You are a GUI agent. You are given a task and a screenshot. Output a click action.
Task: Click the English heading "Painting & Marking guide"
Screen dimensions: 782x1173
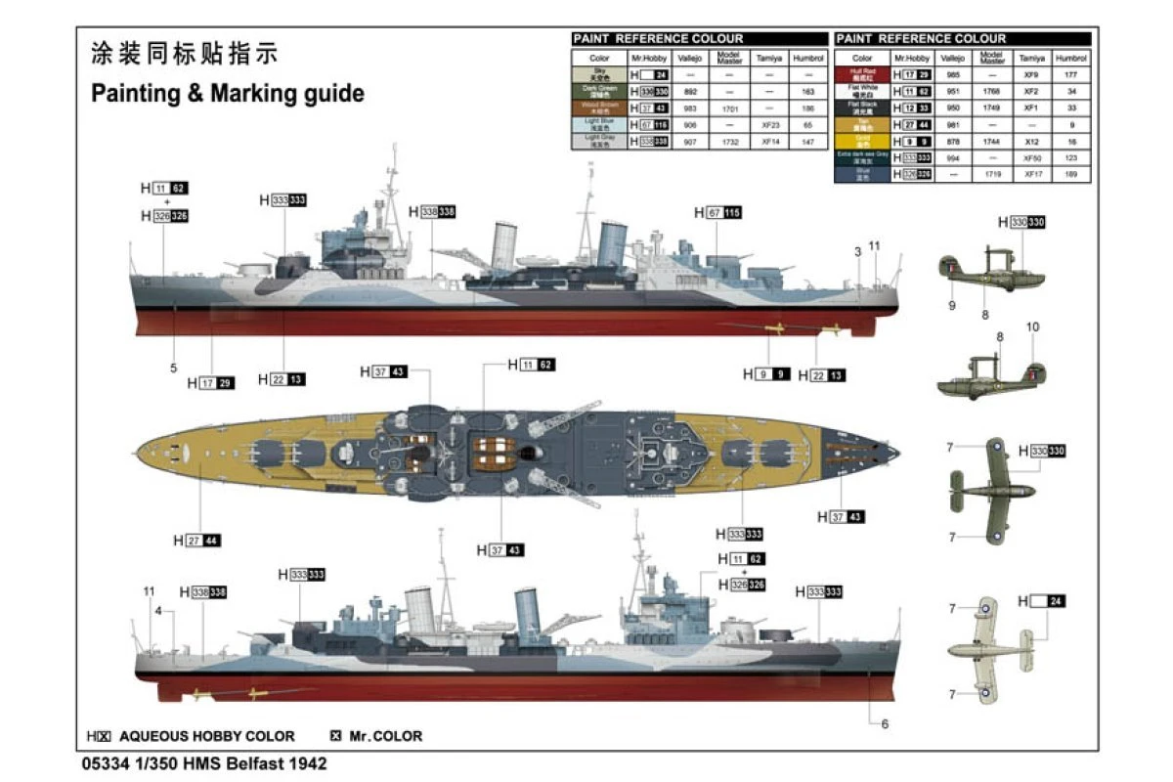tap(227, 94)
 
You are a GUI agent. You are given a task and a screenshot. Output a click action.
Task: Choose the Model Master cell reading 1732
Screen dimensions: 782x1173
tap(729, 142)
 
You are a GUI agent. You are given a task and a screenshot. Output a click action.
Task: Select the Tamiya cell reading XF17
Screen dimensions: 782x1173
tap(1028, 174)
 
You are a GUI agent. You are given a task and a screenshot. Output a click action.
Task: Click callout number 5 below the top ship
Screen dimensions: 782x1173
tap(174, 369)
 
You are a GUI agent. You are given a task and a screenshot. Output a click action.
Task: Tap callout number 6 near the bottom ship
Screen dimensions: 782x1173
tap(885, 724)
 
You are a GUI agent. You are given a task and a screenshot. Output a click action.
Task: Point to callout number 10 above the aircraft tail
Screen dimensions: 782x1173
tap(1032, 326)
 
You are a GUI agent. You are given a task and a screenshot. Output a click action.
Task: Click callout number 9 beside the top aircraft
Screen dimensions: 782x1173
tap(950, 306)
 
